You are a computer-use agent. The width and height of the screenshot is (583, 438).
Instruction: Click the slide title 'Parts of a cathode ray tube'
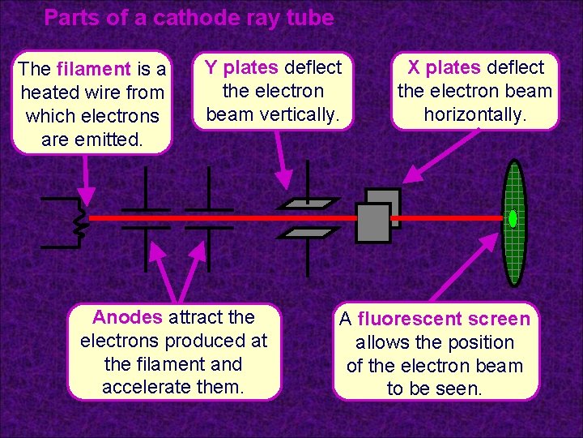189,18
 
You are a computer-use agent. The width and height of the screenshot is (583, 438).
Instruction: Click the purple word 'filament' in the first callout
93,69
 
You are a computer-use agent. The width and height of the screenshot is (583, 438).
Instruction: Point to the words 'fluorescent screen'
444,319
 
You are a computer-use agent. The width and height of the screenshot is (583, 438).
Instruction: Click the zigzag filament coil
80,219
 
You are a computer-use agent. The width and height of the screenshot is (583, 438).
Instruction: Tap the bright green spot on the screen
513,219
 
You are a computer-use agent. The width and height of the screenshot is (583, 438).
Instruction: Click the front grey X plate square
372,223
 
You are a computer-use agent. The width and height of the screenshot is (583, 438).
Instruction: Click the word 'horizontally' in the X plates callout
474,115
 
